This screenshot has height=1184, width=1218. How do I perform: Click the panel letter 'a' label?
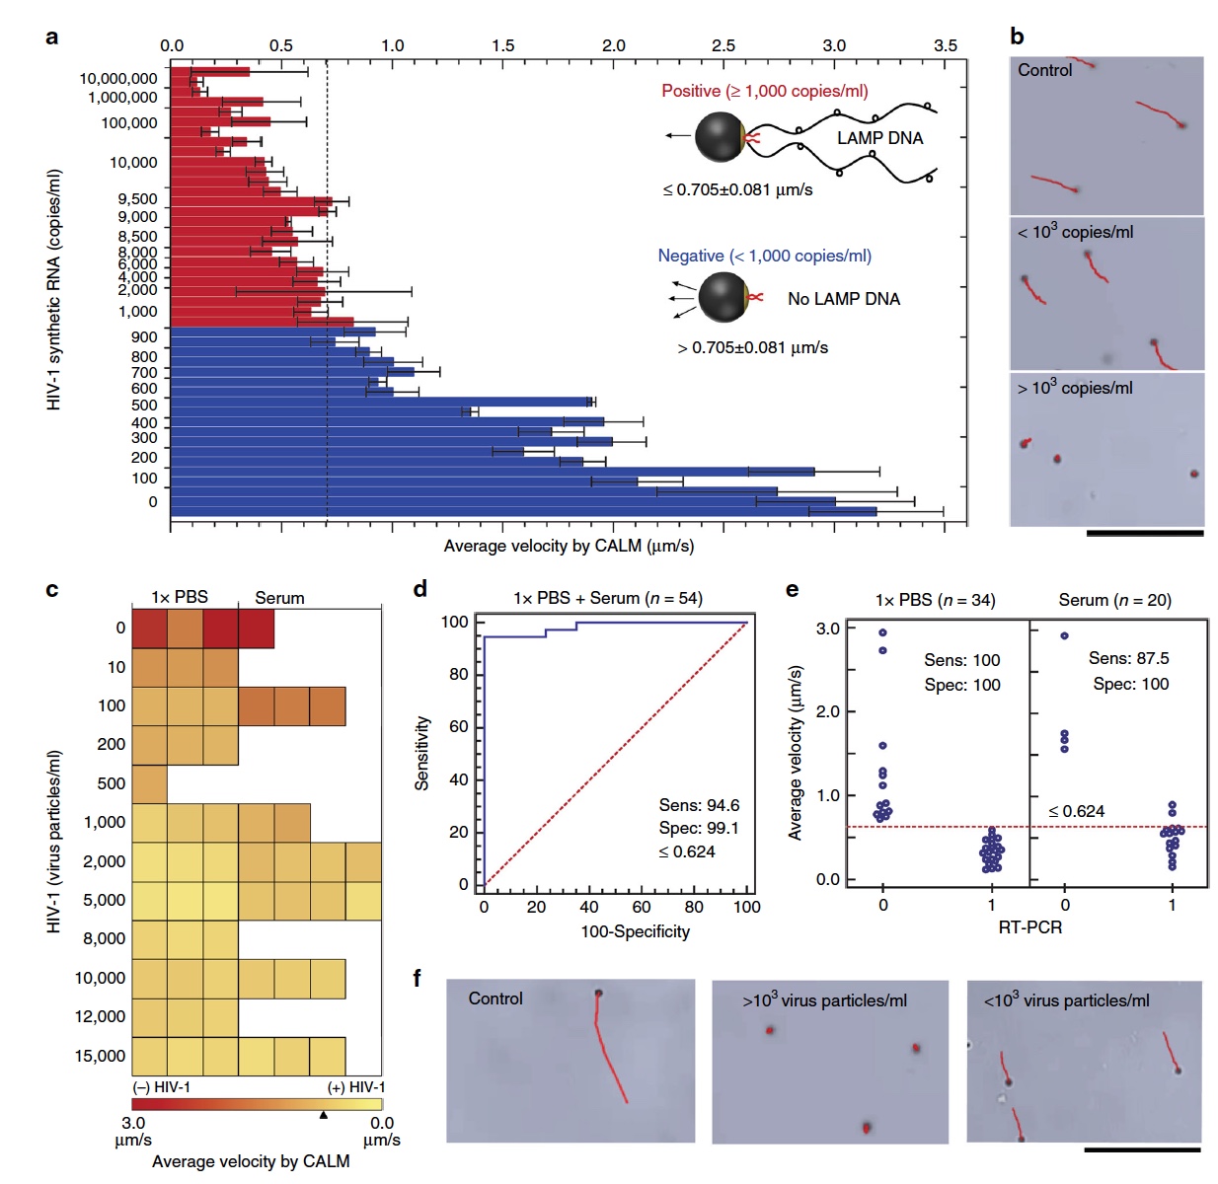point(51,37)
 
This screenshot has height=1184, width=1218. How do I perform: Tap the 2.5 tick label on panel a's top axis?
point(723,45)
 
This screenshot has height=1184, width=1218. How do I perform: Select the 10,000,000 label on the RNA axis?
point(118,79)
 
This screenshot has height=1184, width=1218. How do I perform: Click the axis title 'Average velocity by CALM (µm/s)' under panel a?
point(569,546)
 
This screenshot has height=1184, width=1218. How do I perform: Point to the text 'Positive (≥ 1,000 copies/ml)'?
point(765,91)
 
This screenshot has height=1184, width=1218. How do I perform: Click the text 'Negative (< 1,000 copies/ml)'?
point(765,256)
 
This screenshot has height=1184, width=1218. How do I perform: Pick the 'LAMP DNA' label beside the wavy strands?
point(879,138)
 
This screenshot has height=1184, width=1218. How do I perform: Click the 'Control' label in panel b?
point(1044,70)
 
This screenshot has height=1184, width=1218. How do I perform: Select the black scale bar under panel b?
point(1145,533)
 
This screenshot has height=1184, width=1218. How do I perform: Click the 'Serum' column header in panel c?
point(279,598)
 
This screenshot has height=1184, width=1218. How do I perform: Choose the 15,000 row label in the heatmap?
point(101,1056)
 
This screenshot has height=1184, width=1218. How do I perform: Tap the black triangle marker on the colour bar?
point(323,1115)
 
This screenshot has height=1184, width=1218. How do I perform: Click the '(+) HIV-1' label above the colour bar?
point(356,1087)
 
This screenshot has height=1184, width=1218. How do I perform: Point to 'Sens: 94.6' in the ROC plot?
point(699,805)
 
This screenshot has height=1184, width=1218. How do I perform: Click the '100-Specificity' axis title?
point(635,931)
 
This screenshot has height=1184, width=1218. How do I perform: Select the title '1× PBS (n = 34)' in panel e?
point(935,600)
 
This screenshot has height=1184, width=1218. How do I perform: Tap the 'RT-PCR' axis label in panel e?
point(1029,927)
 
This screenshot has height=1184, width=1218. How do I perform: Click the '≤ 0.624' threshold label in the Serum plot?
point(1076,811)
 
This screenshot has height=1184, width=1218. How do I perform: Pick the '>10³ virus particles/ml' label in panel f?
point(824,1000)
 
